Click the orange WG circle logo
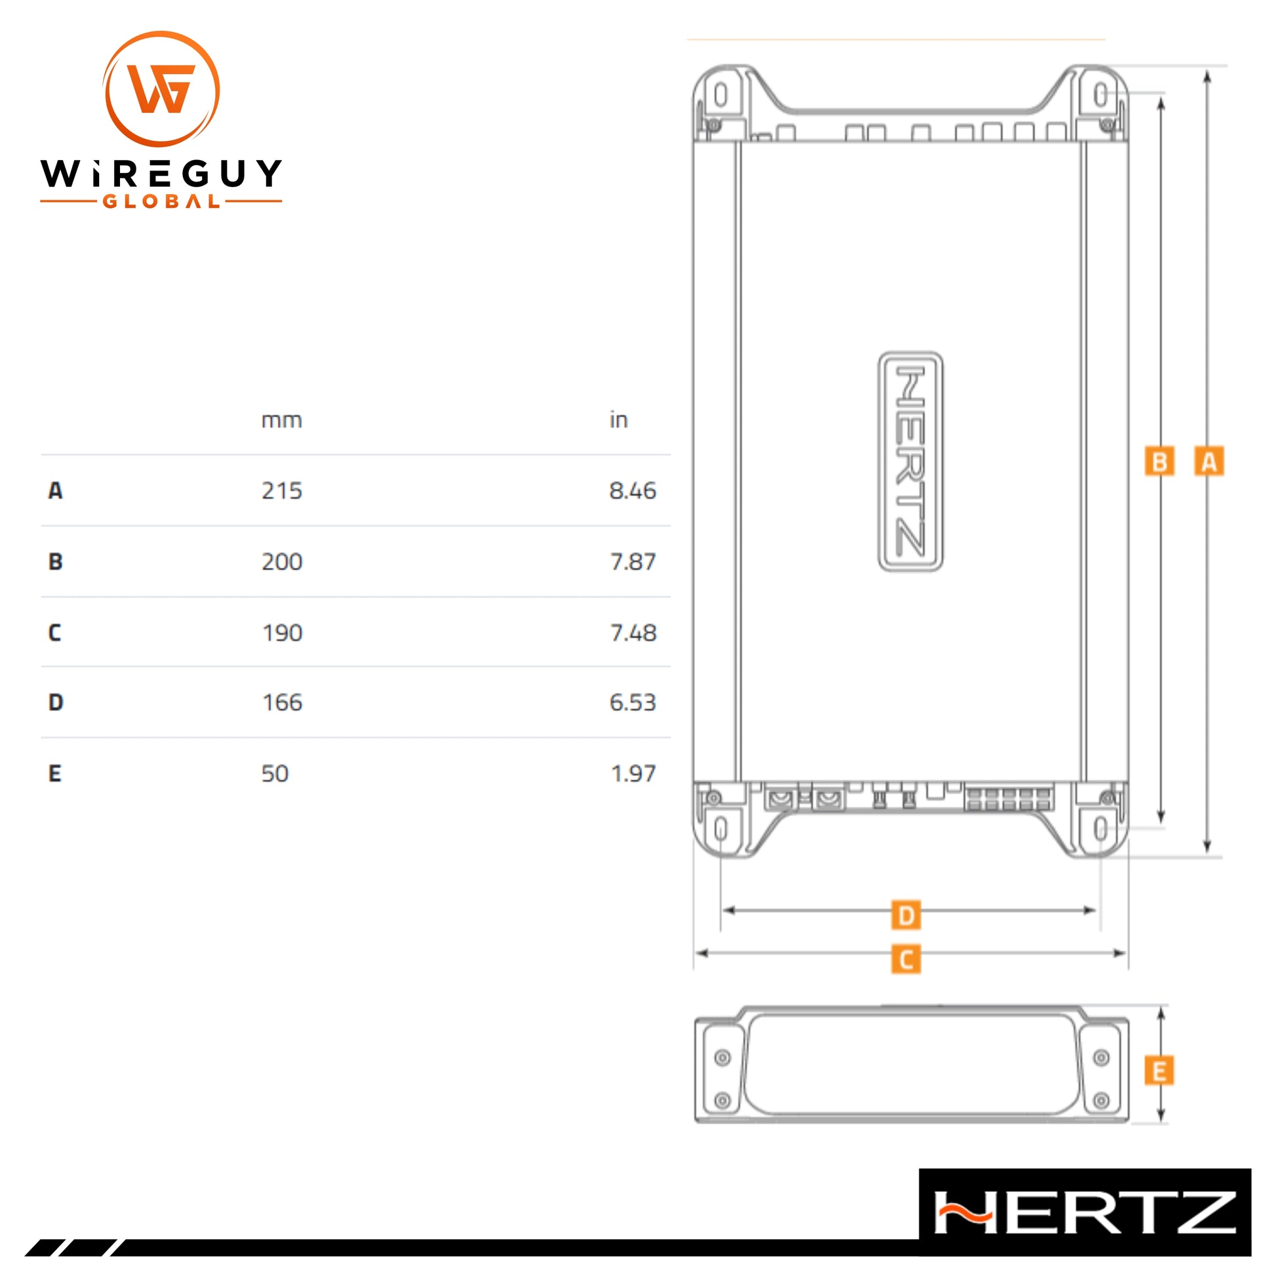pos(161,89)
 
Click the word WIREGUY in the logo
pos(161,174)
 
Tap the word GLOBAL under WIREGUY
pos(161,201)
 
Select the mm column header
pos(282,421)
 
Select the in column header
pos(618,420)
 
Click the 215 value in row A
pos(282,490)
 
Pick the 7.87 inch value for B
pos(633,561)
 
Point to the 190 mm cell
pos(283,633)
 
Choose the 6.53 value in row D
pos(633,702)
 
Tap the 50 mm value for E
pos(275,773)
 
